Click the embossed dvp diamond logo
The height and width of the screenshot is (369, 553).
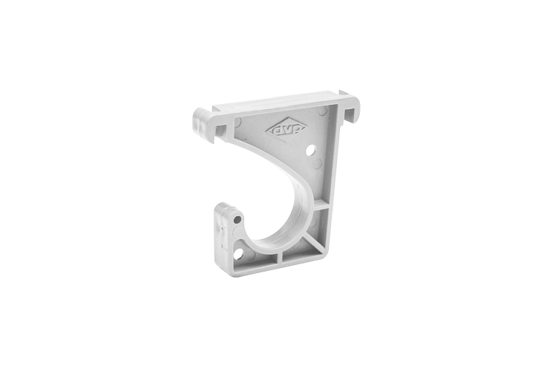(285, 130)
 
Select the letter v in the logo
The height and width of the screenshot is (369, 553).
(285, 130)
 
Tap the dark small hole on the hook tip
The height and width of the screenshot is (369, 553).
(236, 219)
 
